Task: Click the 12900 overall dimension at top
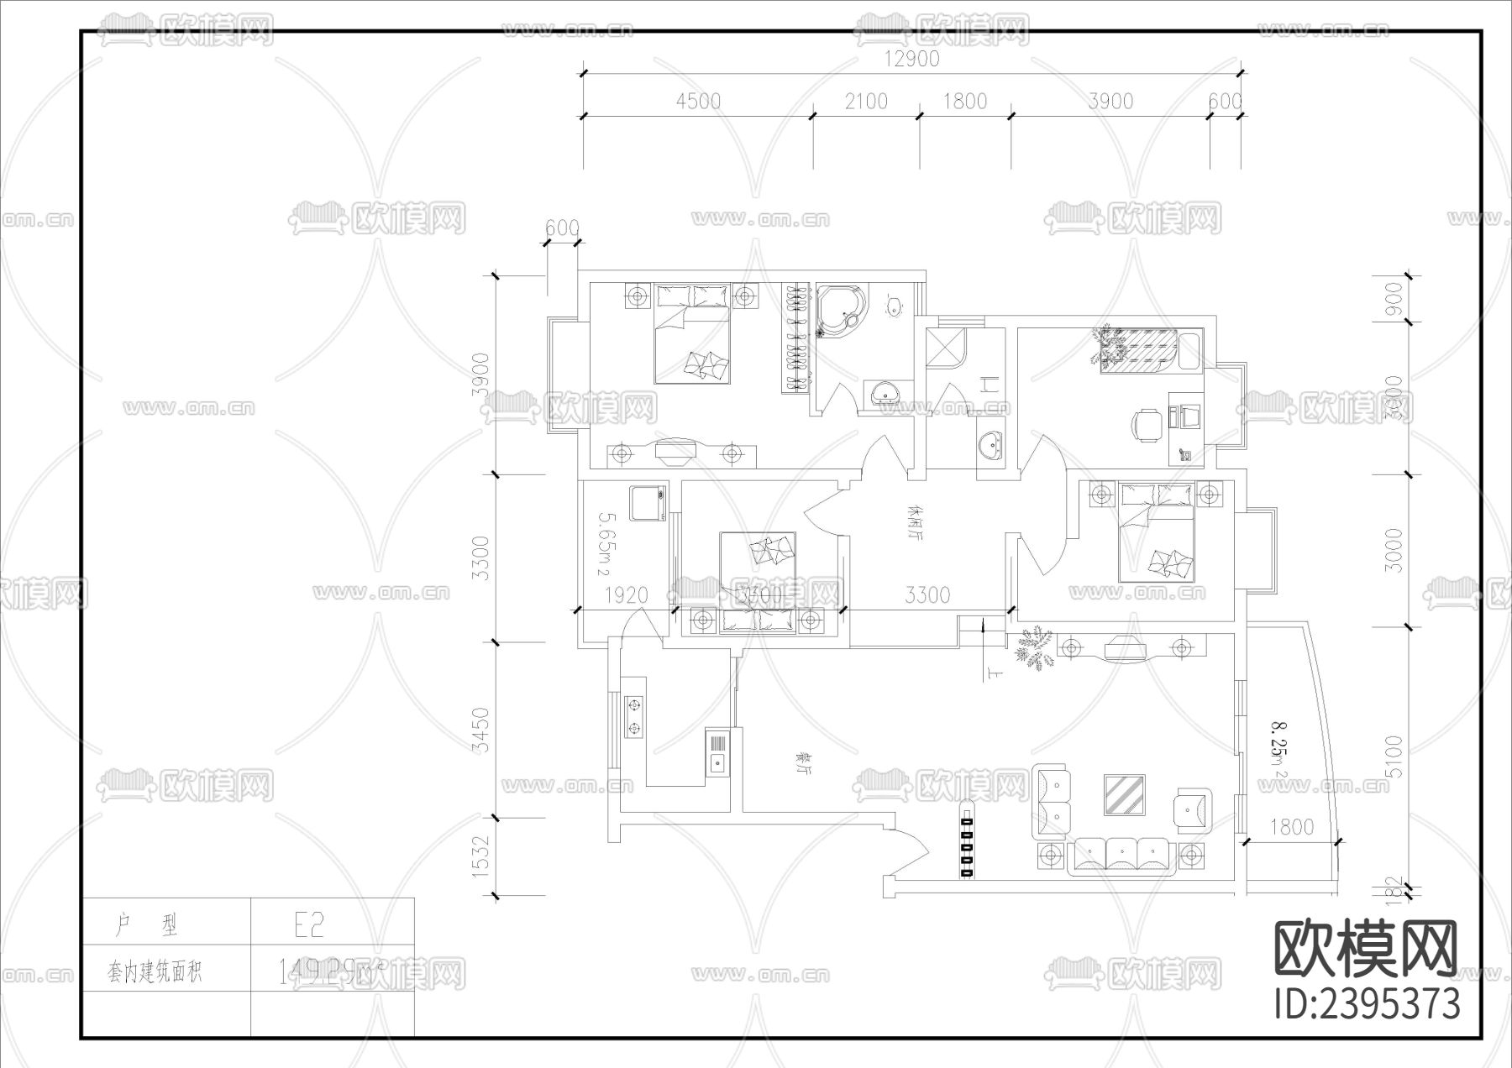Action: (x=911, y=59)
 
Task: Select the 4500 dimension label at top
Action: (x=698, y=101)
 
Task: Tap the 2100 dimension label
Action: (x=865, y=101)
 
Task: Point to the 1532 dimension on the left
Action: (x=480, y=856)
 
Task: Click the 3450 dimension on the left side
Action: (x=480, y=730)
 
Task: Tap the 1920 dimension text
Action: (x=626, y=594)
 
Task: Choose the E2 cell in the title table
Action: (x=308, y=924)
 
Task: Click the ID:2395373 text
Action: (x=1367, y=1003)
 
